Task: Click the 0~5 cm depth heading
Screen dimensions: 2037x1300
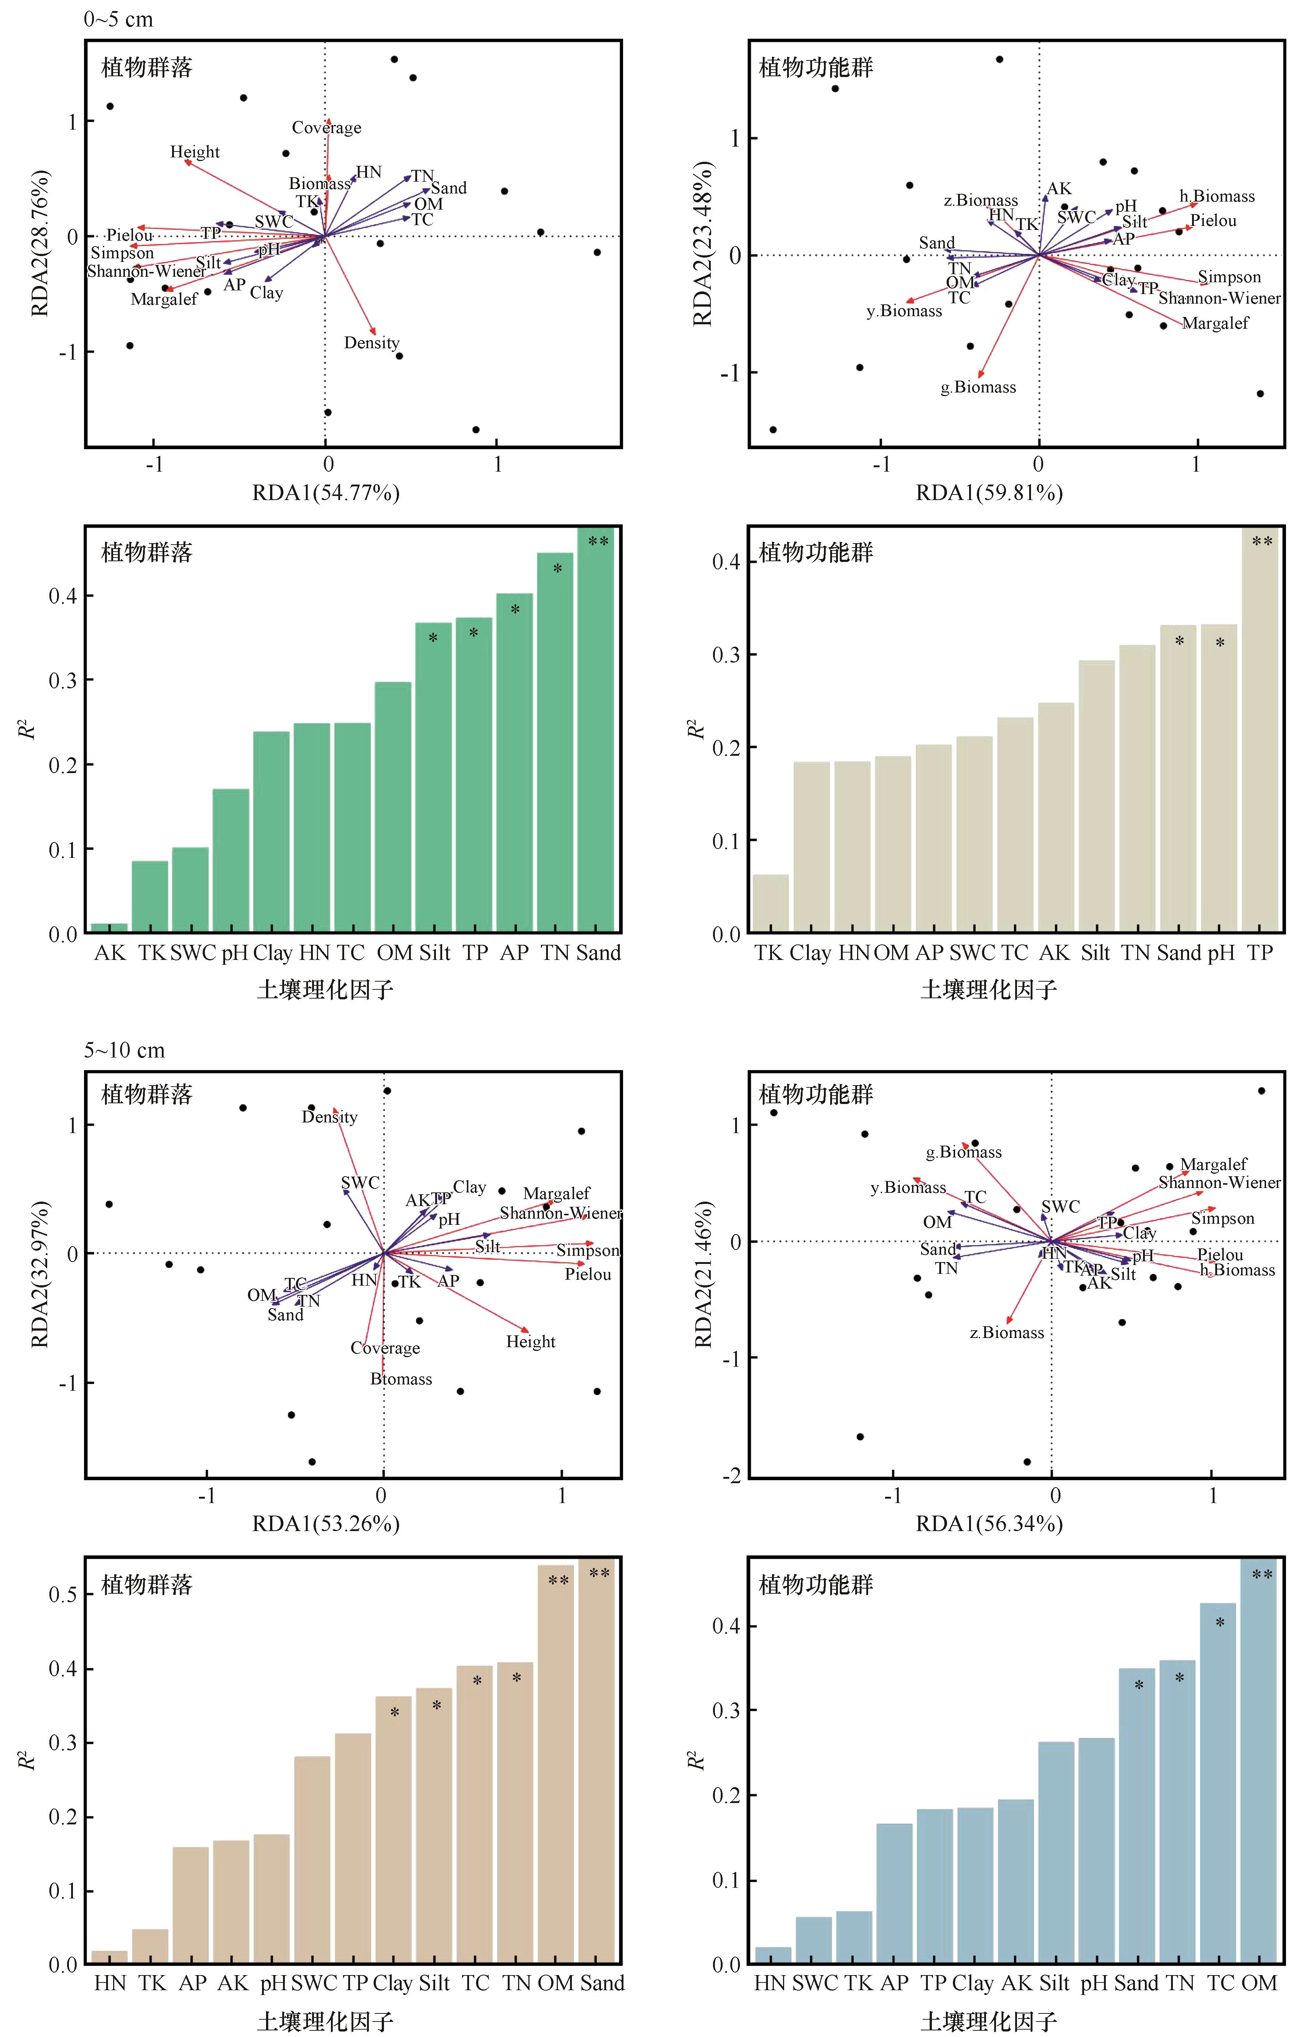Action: pos(118,20)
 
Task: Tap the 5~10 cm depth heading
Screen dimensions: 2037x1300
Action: pos(124,1050)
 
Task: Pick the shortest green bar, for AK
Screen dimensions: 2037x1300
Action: pos(109,928)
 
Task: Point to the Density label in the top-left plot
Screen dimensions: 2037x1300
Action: pos(371,343)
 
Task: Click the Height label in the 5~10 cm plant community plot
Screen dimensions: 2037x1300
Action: pos(530,1342)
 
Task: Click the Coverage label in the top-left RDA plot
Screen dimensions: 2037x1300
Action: pos(326,128)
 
